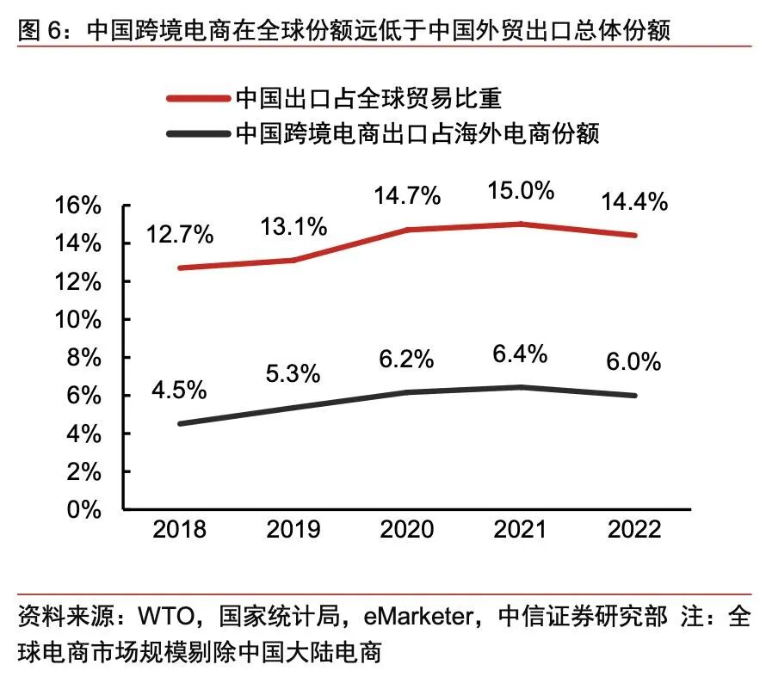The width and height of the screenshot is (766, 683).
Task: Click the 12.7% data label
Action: point(181,234)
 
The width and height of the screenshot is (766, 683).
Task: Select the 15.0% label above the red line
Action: point(522,190)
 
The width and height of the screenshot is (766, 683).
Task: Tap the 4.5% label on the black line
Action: point(180,389)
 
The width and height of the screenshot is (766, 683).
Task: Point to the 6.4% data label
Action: point(520,354)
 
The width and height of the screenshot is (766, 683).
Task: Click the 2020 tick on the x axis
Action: point(407,529)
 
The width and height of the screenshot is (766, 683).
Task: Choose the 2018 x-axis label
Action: point(180,529)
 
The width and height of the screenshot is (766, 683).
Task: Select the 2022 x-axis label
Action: point(635,529)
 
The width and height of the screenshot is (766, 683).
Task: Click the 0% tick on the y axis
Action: point(86,509)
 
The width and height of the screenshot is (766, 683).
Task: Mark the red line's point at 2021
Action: point(522,224)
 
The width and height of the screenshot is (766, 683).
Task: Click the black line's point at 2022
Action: point(635,396)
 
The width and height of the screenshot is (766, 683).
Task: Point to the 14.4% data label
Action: point(635,202)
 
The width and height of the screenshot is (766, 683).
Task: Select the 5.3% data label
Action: point(293,373)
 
